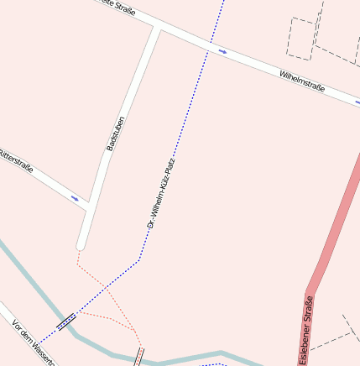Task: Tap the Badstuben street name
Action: pos(115,133)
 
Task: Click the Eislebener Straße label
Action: pos(308,329)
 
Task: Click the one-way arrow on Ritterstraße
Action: pos(75,199)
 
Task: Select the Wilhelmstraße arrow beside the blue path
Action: pos(222,51)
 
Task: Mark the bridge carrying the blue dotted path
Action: pos(66,321)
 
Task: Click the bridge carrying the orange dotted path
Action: pos(138,356)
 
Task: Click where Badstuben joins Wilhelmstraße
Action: pos(157,29)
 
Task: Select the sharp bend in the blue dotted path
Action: pos(139,261)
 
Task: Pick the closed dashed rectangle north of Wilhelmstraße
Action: pos(301,37)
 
